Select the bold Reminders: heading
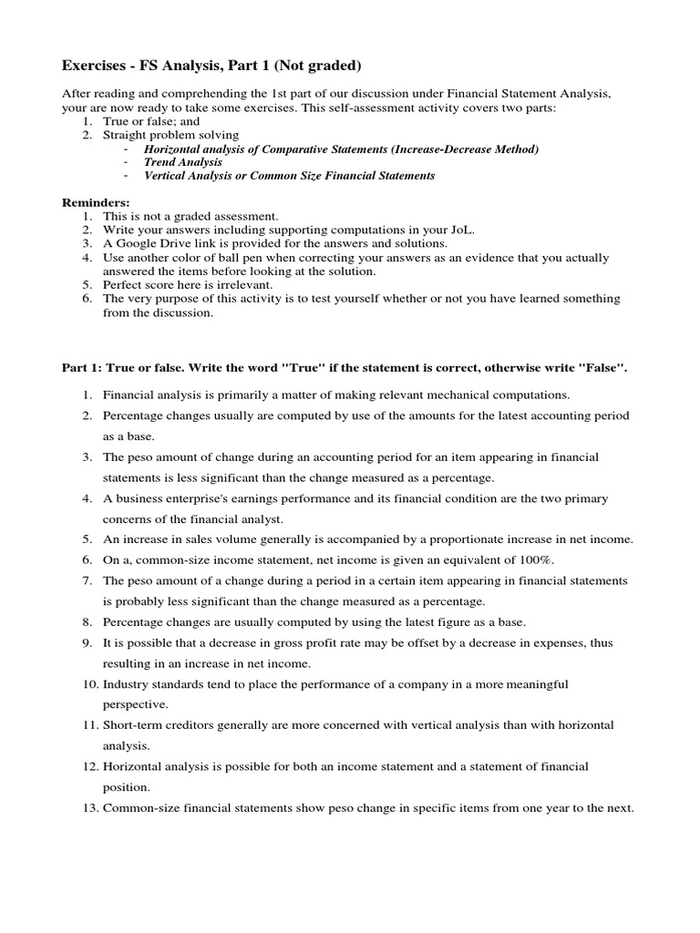(x=96, y=201)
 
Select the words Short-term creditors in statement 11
(x=161, y=724)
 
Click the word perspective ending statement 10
(x=136, y=704)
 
